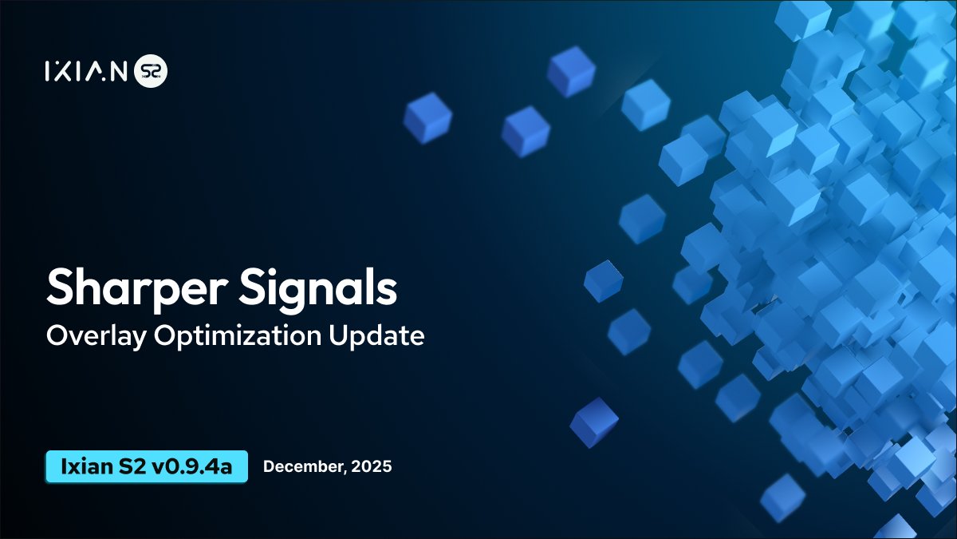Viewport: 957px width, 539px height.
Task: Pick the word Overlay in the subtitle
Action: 95,336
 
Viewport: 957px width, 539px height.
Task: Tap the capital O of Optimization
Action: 163,336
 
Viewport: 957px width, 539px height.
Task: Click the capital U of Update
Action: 338,336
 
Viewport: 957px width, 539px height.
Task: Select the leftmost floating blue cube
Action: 427,117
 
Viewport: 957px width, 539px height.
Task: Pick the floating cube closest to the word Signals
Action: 603,280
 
